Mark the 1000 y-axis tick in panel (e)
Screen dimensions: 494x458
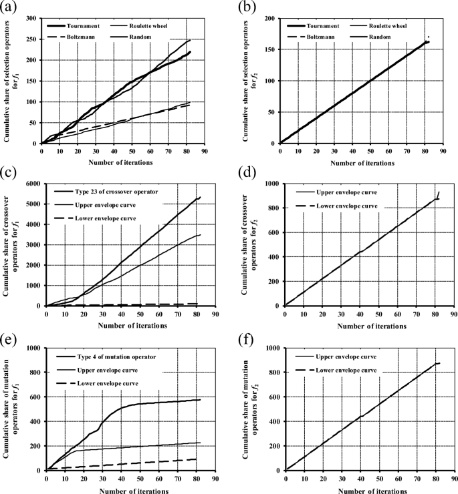[29, 348]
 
